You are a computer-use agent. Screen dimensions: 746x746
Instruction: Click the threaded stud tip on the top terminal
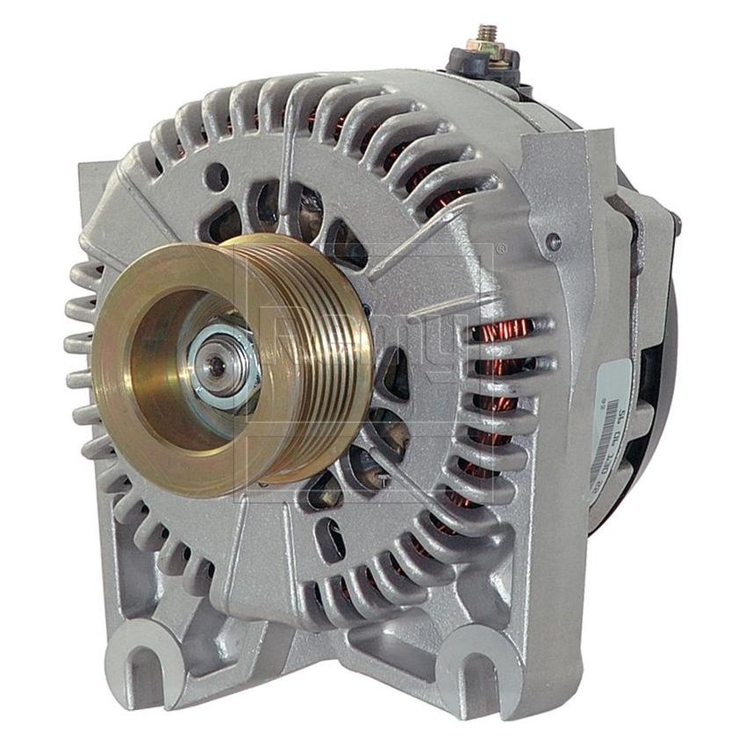[x=484, y=31]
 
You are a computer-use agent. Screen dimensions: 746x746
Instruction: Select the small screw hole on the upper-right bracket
[x=553, y=239]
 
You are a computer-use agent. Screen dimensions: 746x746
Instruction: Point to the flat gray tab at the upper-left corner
[x=114, y=202]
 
